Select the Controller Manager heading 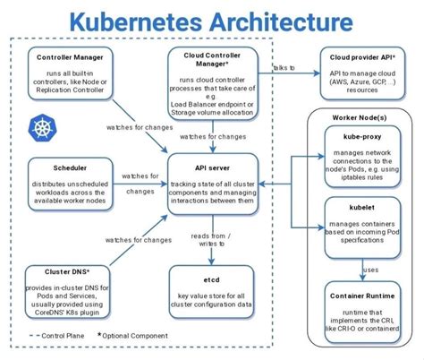click(68, 59)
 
